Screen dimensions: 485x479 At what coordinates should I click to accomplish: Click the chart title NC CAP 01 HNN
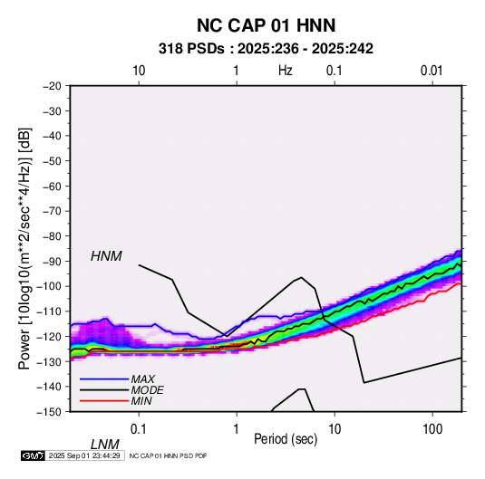pyautogui.click(x=266, y=25)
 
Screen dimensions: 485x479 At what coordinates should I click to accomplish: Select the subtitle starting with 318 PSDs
pyautogui.click(x=266, y=49)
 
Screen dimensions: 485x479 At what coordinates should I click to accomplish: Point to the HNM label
pyautogui.click(x=106, y=256)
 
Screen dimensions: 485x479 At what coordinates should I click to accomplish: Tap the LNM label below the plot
pyautogui.click(x=104, y=445)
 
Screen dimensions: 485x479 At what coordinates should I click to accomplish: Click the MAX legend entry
pyautogui.click(x=142, y=378)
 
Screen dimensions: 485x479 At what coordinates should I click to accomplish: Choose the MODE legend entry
pyautogui.click(x=147, y=390)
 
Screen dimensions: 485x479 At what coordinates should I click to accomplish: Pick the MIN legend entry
pyautogui.click(x=141, y=401)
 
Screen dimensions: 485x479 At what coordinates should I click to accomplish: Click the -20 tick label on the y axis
pyautogui.click(x=52, y=86)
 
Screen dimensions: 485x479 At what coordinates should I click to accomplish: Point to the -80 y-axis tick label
pyautogui.click(x=52, y=236)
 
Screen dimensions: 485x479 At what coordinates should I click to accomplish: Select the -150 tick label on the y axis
pyautogui.click(x=49, y=412)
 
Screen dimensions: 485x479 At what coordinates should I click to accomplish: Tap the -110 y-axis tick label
pyautogui.click(x=49, y=311)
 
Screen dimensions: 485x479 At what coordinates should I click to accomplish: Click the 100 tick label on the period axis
pyautogui.click(x=432, y=429)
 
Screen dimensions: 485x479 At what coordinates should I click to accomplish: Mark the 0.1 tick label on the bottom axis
pyautogui.click(x=139, y=429)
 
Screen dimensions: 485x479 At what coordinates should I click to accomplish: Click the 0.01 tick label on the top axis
pyautogui.click(x=432, y=71)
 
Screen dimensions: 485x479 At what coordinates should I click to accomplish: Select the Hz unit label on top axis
pyautogui.click(x=286, y=71)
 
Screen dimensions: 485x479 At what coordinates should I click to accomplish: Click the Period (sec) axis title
pyautogui.click(x=286, y=439)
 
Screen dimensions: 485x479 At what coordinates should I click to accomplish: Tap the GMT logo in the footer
pyautogui.click(x=34, y=455)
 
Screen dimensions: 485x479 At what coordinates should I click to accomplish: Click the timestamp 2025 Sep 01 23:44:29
pyautogui.click(x=84, y=455)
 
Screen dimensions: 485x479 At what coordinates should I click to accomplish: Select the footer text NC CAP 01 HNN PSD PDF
pyautogui.click(x=168, y=455)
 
